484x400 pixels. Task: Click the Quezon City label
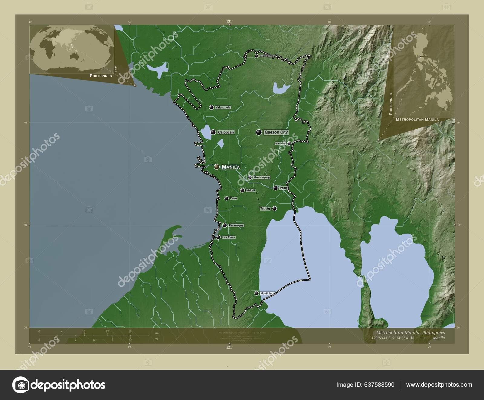276,132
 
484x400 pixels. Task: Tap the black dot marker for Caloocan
214,132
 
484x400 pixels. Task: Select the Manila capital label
231,167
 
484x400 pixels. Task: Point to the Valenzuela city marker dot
211,107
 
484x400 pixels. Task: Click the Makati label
251,190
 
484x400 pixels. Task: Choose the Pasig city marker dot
276,188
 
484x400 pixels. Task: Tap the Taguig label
265,208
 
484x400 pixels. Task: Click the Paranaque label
236,225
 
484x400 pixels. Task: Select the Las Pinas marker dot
218,237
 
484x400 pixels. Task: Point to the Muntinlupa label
267,293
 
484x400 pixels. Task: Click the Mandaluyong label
262,178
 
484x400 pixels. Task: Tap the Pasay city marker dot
226,198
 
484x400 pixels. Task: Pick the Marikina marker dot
289,143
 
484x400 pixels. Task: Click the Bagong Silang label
267,56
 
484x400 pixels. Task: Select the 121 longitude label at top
229,21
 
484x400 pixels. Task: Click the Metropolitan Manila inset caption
417,120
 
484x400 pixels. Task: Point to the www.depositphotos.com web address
439,385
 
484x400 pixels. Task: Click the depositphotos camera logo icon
20,385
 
